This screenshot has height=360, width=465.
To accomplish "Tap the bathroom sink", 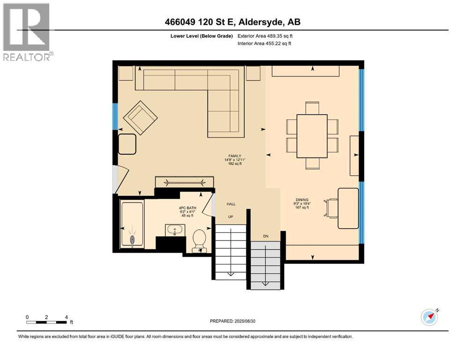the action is point(175,230).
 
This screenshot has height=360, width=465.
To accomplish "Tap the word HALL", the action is point(231,204).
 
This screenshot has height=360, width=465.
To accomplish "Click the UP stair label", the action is point(231,217).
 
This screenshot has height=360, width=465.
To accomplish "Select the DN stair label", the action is point(266,236).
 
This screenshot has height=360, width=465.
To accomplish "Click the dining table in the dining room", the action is point(312,136).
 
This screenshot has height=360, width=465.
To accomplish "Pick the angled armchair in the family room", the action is point(140,118).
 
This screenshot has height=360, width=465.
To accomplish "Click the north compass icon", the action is point(430,317).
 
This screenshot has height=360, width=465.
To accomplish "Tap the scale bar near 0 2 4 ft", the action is point(46,322).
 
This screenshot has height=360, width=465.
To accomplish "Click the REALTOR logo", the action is point(28,32).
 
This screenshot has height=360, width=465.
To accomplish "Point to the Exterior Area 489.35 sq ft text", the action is point(265,36).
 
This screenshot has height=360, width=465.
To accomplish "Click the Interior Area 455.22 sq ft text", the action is point(264,43).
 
